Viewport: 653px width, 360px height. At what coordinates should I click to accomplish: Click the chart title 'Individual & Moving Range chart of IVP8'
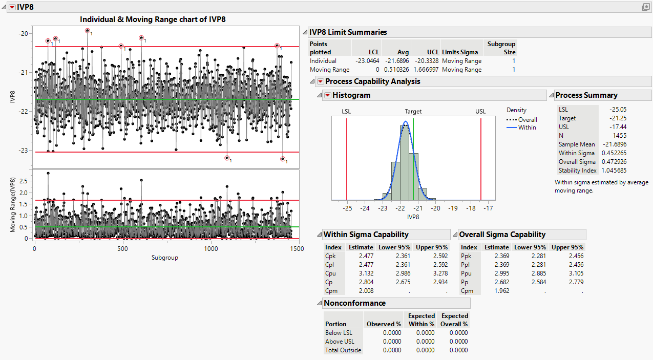[153, 19]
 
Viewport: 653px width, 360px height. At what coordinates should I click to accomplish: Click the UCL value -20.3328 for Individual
[426, 61]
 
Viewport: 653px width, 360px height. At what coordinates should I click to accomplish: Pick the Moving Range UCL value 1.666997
[426, 70]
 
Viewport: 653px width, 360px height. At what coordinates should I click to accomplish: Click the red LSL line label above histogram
[347, 111]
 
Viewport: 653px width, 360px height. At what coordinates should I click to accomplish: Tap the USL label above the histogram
[480, 111]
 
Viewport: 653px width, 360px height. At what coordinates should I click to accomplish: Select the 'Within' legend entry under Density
[527, 128]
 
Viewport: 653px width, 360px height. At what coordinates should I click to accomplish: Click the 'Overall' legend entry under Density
[528, 120]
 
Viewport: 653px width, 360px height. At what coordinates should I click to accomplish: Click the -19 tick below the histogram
[453, 208]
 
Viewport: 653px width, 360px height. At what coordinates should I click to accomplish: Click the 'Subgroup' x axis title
[165, 258]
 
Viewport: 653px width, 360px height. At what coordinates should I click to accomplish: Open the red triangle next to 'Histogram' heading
[327, 95]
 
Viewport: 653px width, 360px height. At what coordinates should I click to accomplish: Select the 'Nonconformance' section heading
[354, 303]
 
